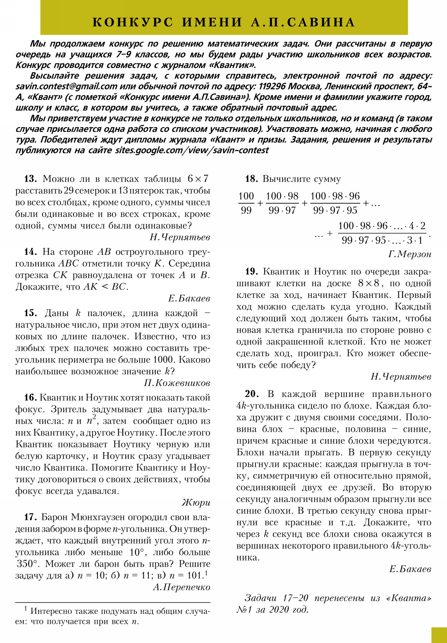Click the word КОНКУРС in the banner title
[133, 22]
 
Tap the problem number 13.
[30, 179]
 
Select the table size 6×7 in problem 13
[198, 179]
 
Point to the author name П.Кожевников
[177, 383]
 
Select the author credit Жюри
[196, 503]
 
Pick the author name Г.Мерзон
[410, 254]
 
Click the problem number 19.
[251, 271]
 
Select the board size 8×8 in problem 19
[369, 283]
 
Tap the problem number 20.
[251, 394]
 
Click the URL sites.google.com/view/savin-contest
[192, 150]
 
